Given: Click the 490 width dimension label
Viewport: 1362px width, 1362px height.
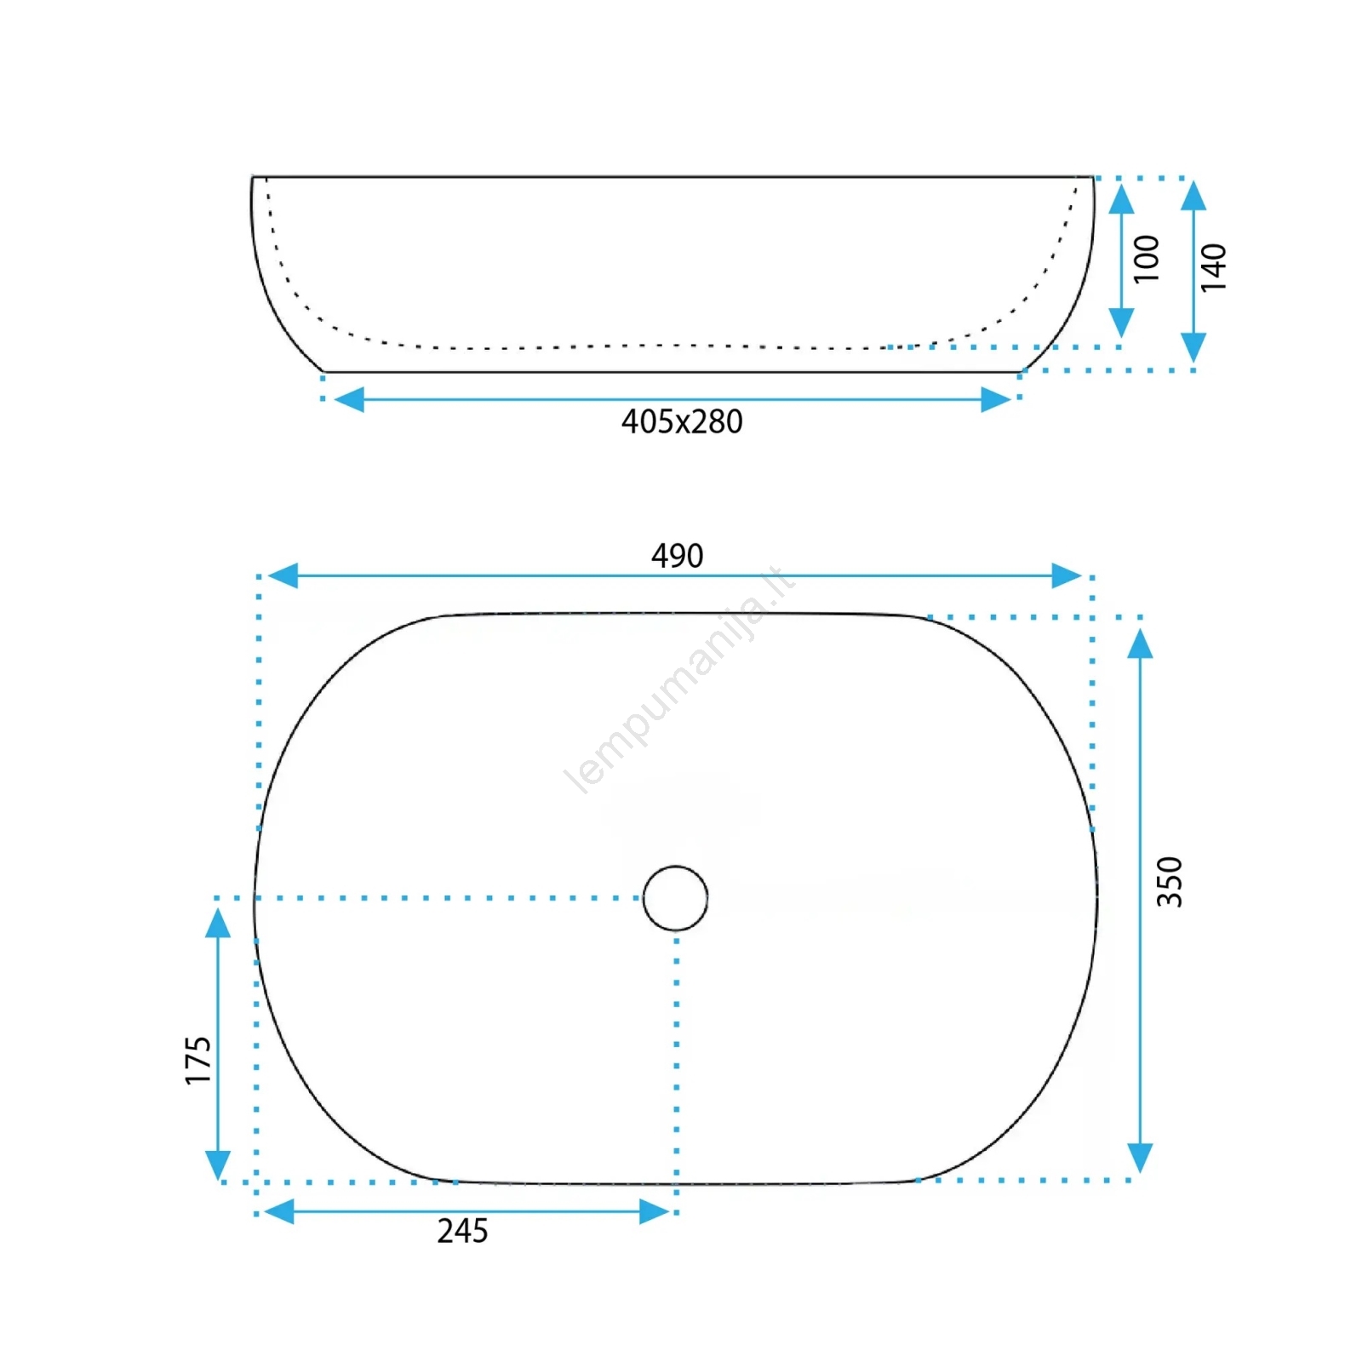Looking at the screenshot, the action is point(678,556).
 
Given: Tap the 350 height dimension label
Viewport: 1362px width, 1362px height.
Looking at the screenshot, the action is point(1170,882).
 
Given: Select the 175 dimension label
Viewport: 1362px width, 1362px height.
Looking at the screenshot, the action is point(197,1061).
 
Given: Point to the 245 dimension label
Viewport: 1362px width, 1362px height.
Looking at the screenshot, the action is point(462,1232).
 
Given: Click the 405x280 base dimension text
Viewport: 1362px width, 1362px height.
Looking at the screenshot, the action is point(682,422).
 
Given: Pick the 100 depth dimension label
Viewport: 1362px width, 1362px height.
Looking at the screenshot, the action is point(1147,259).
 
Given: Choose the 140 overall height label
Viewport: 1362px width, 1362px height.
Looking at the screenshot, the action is point(1214,267).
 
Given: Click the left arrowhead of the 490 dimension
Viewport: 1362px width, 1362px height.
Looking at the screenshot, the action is point(283,575).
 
